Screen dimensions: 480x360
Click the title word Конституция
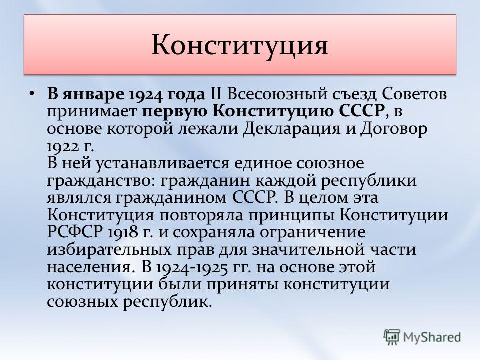pyautogui.click(x=240, y=46)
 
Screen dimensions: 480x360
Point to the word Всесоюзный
pyautogui.click(x=277, y=94)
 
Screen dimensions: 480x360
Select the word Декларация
pyautogui.click(x=291, y=129)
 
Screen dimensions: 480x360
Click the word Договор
pyautogui.click(x=393, y=129)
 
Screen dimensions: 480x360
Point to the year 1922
pyautogui.click(x=63, y=147)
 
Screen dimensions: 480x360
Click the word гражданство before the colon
pyautogui.click(x=99, y=181)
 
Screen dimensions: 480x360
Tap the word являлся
pyautogui.click(x=79, y=198)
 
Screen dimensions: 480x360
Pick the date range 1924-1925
pyautogui.click(x=192, y=267)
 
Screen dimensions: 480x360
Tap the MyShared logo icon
pyautogui.click(x=392, y=337)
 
